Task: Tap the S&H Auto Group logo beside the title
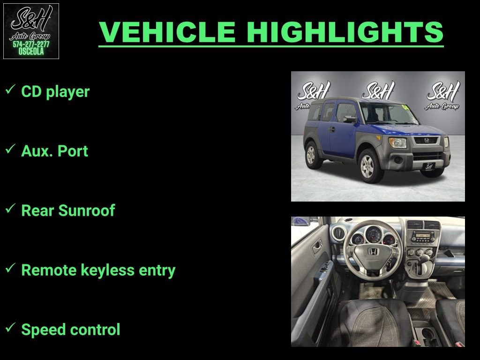tap(31, 31)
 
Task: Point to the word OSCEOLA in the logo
tap(31, 52)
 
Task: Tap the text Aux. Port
tap(54, 151)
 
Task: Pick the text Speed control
tap(71, 330)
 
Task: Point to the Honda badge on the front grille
tap(427, 140)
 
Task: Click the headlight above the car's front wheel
tap(397, 142)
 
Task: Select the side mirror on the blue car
tap(349, 120)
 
